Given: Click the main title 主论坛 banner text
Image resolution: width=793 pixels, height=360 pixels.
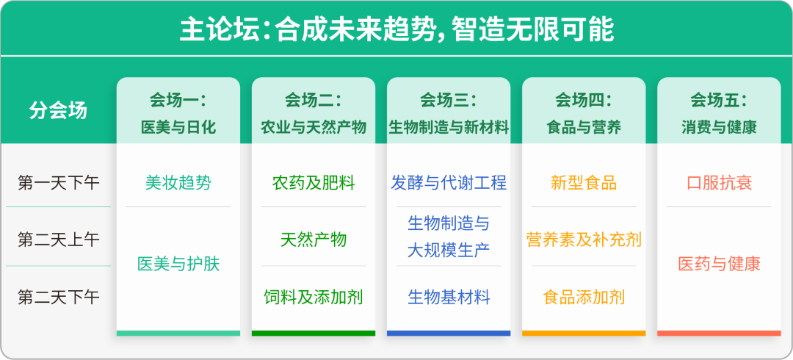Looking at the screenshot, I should click(396, 29).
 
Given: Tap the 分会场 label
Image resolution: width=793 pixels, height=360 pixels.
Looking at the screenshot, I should click(58, 110).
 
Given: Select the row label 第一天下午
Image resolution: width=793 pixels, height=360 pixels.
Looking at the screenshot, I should click(58, 182).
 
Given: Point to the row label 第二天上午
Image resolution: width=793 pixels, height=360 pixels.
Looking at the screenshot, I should click(58, 240).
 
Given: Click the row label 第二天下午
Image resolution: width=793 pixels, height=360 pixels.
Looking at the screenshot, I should click(58, 298).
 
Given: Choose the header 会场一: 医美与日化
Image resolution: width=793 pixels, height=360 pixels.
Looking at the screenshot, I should click(178, 113).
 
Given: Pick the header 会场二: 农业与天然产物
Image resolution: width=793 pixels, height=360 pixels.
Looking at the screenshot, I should click(314, 113).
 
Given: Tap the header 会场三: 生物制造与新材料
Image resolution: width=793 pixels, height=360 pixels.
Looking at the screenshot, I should click(449, 113).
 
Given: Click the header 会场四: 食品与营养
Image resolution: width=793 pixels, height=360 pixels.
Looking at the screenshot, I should click(584, 113).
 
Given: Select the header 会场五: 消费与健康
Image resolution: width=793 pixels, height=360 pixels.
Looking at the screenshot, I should click(719, 113).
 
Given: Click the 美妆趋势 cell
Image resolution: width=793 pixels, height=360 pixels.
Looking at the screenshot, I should click(178, 182).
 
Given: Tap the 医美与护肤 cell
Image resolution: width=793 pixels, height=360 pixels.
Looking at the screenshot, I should click(178, 264).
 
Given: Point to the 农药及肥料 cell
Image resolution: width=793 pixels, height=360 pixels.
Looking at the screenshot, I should click(314, 182).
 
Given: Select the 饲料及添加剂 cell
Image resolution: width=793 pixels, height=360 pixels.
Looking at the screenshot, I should click(314, 298).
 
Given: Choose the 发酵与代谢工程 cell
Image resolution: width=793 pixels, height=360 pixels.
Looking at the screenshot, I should click(449, 182).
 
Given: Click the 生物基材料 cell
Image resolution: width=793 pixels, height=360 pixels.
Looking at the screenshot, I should click(449, 298).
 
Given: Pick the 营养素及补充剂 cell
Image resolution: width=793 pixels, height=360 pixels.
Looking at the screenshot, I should click(584, 240).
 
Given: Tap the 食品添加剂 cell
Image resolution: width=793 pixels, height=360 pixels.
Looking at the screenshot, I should click(584, 298).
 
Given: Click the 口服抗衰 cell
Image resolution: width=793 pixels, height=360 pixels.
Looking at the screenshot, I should click(719, 182).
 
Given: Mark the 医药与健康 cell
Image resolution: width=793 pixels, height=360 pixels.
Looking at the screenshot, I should click(719, 264).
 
